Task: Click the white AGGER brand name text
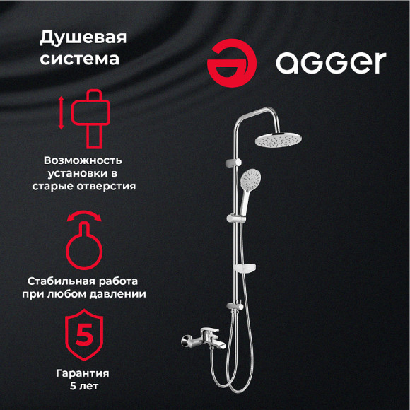(x=331, y=62)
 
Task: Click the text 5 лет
(x=83, y=386)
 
